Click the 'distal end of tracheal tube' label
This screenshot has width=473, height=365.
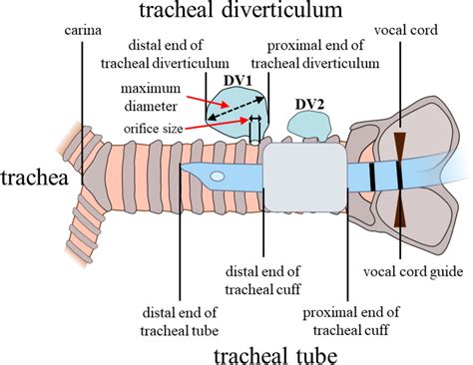180,297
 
